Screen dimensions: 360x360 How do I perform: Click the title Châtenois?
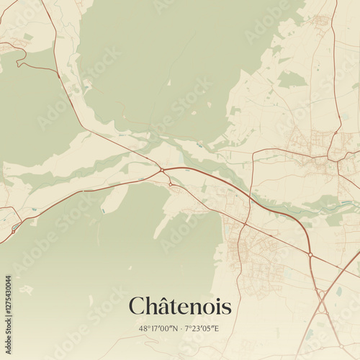(180, 307)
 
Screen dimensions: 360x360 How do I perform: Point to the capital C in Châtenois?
(137, 307)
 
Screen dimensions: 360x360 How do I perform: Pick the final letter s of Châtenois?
(227, 308)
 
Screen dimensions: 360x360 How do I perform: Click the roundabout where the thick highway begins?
(163, 170)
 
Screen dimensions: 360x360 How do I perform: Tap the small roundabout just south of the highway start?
(171, 184)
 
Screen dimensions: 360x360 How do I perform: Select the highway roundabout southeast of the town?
(310, 254)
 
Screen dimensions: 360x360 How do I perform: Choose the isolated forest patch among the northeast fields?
(291, 79)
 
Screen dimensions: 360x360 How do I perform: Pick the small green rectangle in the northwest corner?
(27, 37)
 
